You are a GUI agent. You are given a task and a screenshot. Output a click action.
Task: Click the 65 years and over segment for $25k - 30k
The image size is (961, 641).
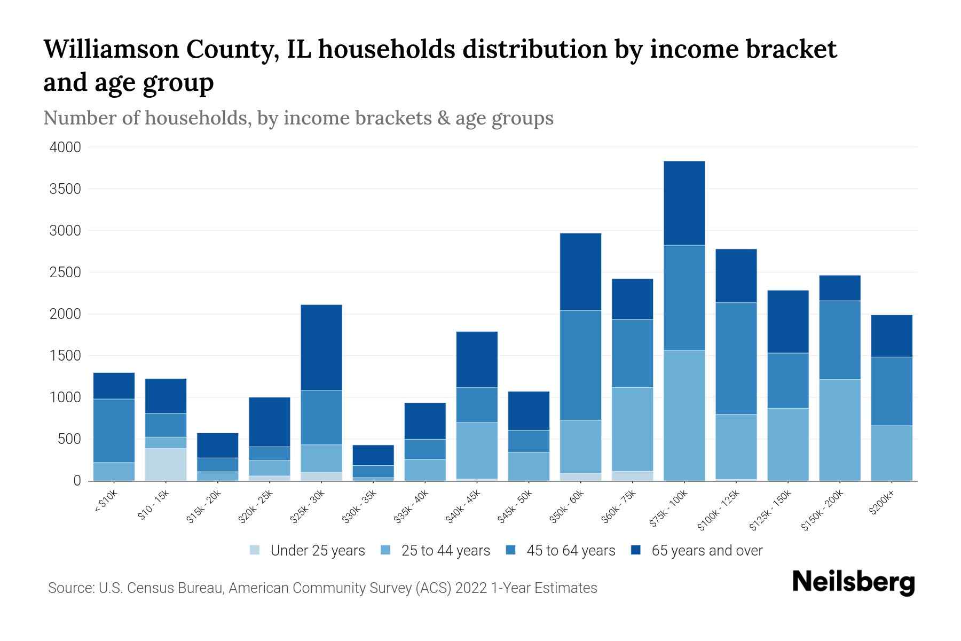coord(321,348)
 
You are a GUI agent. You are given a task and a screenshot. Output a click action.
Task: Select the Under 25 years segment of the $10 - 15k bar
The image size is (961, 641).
coord(166,464)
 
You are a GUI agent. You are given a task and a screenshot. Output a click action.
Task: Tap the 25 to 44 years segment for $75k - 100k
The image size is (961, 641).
coord(684,416)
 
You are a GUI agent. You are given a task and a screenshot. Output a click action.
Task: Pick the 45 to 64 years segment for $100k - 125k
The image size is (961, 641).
coord(736,358)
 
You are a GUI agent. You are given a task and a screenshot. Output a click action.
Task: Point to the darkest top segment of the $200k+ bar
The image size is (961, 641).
coord(892,336)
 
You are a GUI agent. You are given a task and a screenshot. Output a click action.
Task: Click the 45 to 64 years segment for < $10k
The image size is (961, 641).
coord(114,431)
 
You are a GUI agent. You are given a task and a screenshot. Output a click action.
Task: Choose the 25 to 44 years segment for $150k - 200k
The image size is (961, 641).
coord(840,430)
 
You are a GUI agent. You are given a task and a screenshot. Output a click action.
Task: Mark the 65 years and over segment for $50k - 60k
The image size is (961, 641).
coord(581,272)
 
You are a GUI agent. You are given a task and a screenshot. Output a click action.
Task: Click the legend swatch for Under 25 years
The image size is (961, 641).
coord(255,550)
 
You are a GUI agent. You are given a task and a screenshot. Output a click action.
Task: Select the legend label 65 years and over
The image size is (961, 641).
coord(707,551)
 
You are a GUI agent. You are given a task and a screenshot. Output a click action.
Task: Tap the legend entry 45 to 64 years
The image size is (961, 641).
coord(560,551)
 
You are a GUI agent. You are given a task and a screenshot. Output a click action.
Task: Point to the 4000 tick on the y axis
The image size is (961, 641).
coord(65,147)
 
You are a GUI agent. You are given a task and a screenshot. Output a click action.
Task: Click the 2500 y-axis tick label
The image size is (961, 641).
coord(65,272)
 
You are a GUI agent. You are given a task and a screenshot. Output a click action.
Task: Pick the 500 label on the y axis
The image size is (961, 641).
coord(69,440)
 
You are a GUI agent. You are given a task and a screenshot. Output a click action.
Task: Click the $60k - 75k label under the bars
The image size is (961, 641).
coord(618,506)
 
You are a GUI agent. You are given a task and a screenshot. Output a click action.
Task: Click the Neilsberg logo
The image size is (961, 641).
coord(854,582)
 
